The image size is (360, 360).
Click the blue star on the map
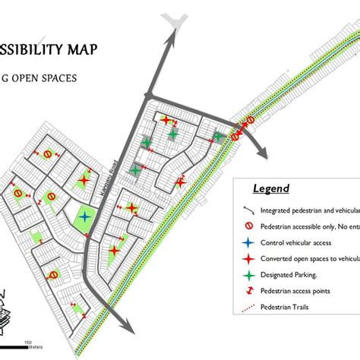coord(85,216)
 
